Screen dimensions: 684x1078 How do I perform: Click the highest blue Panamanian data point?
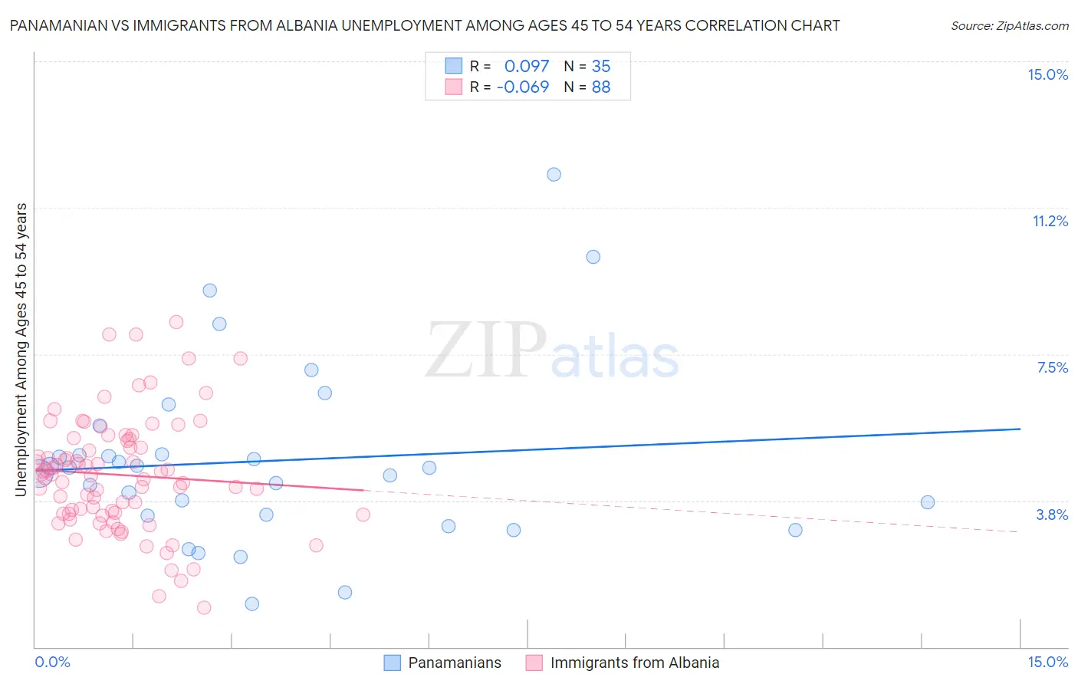click(x=554, y=175)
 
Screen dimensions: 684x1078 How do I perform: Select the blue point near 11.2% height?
click(x=593, y=257)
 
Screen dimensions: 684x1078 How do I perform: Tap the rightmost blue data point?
click(x=928, y=502)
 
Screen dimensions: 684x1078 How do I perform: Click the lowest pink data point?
click(x=204, y=607)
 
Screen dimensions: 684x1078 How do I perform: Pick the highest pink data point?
click(x=176, y=322)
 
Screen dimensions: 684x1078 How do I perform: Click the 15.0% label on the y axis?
click(x=1047, y=75)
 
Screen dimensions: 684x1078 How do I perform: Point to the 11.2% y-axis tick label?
click(x=1050, y=222)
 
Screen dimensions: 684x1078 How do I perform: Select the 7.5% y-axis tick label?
click(x=1052, y=368)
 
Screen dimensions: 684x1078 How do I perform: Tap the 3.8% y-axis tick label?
click(x=1052, y=515)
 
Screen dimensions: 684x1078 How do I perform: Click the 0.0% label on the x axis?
click(x=52, y=663)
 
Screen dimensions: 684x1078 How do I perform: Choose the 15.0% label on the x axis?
click(x=1047, y=663)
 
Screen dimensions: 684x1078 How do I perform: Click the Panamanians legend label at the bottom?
click(x=455, y=663)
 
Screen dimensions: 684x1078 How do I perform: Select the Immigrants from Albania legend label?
click(x=635, y=663)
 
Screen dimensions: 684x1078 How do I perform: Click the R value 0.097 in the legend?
click(x=527, y=67)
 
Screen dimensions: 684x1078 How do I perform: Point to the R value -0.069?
click(x=523, y=87)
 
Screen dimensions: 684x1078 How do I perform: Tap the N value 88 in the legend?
click(x=601, y=87)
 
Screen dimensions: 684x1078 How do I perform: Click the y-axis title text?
click(x=21, y=350)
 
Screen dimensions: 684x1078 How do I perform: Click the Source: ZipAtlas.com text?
click(x=1009, y=26)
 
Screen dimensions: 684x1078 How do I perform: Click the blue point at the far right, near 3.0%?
click(x=795, y=530)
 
